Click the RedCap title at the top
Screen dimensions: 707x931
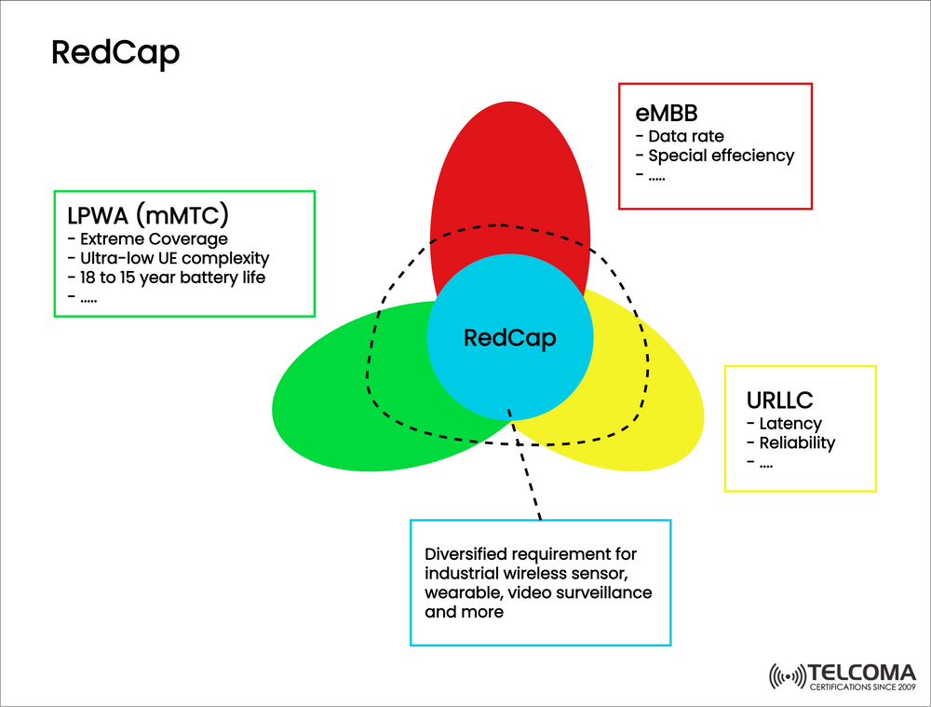click(115, 53)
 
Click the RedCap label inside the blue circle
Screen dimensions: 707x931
click(509, 338)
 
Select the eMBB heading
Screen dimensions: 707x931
click(667, 115)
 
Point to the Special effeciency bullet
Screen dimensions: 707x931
click(714, 156)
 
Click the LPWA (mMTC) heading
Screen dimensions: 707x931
click(148, 216)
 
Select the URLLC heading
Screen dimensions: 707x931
click(779, 401)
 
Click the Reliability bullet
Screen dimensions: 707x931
click(790, 442)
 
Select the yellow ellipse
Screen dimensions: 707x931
click(652, 410)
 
